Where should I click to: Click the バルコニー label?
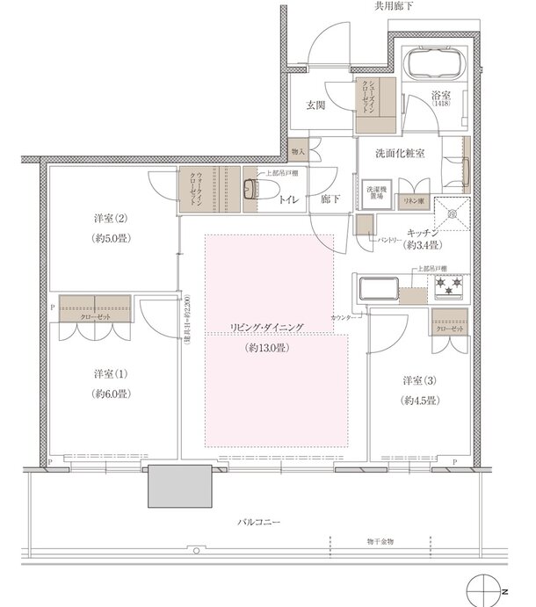click(258, 523)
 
